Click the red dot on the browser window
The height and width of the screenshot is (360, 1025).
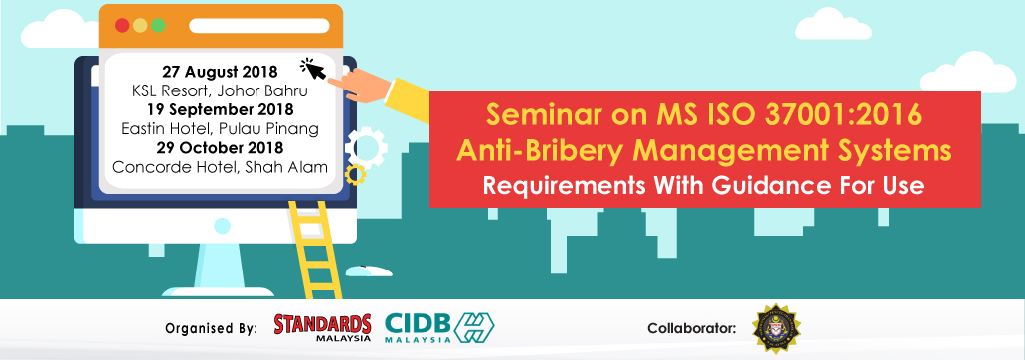tap(122, 26)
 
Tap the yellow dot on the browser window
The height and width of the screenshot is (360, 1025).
tap(140, 26)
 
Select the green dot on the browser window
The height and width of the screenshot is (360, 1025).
tap(157, 26)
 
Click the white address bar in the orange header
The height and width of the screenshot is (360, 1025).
tap(258, 26)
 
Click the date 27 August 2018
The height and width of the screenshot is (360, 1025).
tap(220, 72)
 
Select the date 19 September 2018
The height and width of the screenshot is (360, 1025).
tap(220, 109)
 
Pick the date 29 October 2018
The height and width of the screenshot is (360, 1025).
tap(220, 147)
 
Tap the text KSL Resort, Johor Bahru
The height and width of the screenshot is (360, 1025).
tap(220, 90)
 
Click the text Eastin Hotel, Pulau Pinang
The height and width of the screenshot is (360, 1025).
tap(220, 128)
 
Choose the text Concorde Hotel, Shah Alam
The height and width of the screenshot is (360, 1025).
tap(220, 166)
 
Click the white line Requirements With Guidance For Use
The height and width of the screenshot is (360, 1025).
tap(703, 186)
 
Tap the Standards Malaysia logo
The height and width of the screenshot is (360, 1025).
tap(322, 327)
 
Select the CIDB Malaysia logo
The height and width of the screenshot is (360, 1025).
tap(439, 328)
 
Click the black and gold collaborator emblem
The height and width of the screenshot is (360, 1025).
tap(775, 328)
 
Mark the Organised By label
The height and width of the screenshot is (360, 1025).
tap(211, 328)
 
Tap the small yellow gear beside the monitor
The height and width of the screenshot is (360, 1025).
tap(354, 174)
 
